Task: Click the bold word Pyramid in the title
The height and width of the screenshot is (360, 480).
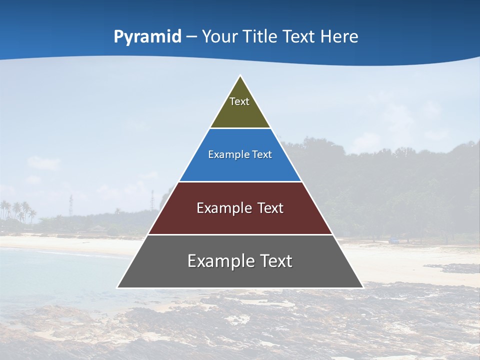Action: click(x=147, y=36)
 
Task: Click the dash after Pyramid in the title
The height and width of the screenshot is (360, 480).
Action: click(x=191, y=37)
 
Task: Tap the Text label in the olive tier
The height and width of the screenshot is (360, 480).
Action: click(x=239, y=101)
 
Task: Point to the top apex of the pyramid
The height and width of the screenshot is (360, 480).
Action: click(x=240, y=76)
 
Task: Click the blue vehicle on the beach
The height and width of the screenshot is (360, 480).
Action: click(x=395, y=240)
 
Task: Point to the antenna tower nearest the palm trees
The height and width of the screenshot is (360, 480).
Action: click(x=71, y=204)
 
